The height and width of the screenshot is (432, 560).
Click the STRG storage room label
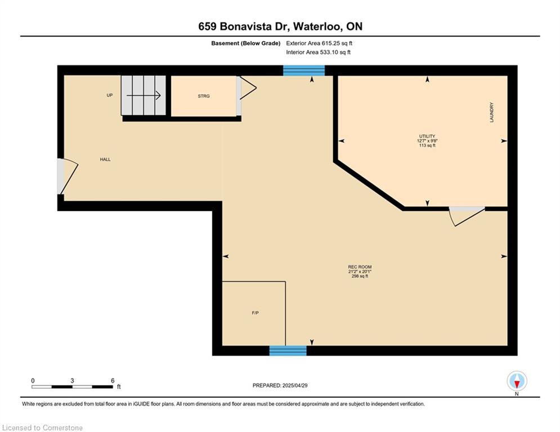[204, 96]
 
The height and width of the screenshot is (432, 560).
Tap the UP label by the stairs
[110, 95]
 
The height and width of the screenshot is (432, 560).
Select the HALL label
[105, 160]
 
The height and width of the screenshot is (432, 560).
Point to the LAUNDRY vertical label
[492, 112]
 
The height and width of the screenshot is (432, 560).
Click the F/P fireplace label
[255, 313]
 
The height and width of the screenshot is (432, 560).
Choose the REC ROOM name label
[360, 267]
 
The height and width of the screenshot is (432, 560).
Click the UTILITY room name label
[427, 136]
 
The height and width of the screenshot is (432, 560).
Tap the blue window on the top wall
[304, 70]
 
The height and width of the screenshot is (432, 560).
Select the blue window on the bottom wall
[288, 350]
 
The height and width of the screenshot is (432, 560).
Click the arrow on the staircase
[144, 95]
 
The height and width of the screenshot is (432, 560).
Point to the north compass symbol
[517, 381]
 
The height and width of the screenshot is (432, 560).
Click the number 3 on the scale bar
[72, 381]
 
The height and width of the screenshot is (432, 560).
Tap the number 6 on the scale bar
[113, 381]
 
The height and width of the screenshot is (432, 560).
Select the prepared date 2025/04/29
[295, 385]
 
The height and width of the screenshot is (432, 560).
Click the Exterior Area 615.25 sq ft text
[319, 43]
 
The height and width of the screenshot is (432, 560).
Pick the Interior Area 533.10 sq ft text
[318, 52]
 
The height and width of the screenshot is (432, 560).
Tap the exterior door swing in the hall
[68, 177]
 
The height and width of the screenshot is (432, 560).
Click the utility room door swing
[467, 217]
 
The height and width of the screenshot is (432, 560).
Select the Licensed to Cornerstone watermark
[42, 427]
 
